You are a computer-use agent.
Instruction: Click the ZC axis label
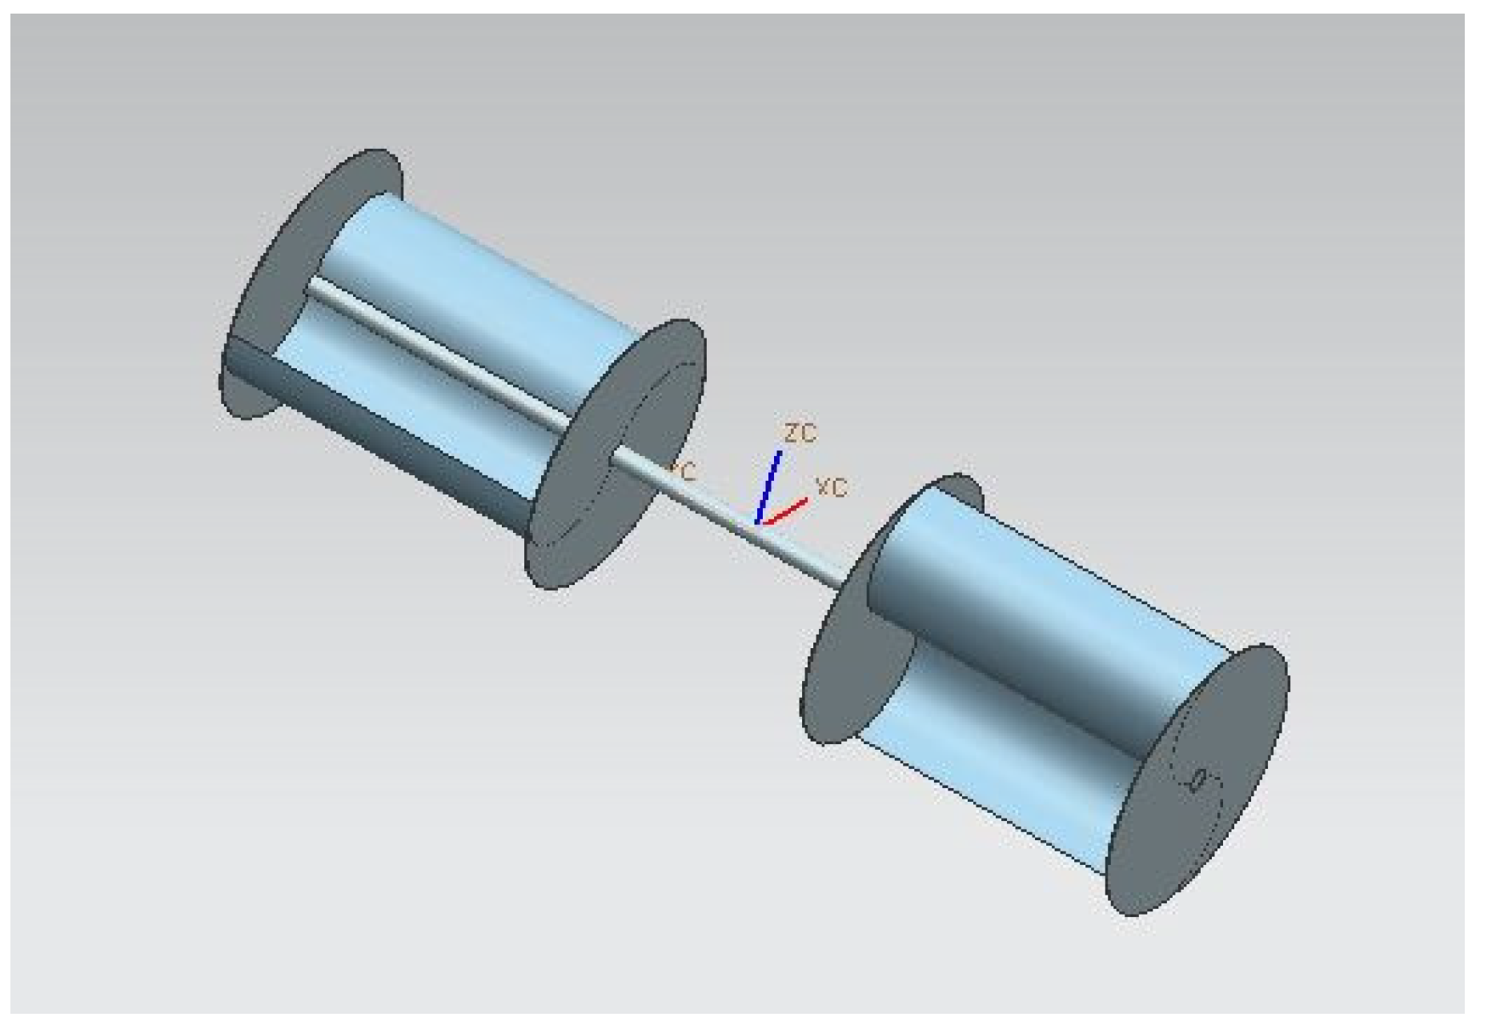pos(800,433)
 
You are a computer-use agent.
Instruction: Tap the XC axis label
pos(832,486)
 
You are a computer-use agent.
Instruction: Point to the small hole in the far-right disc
pos(1198,780)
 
